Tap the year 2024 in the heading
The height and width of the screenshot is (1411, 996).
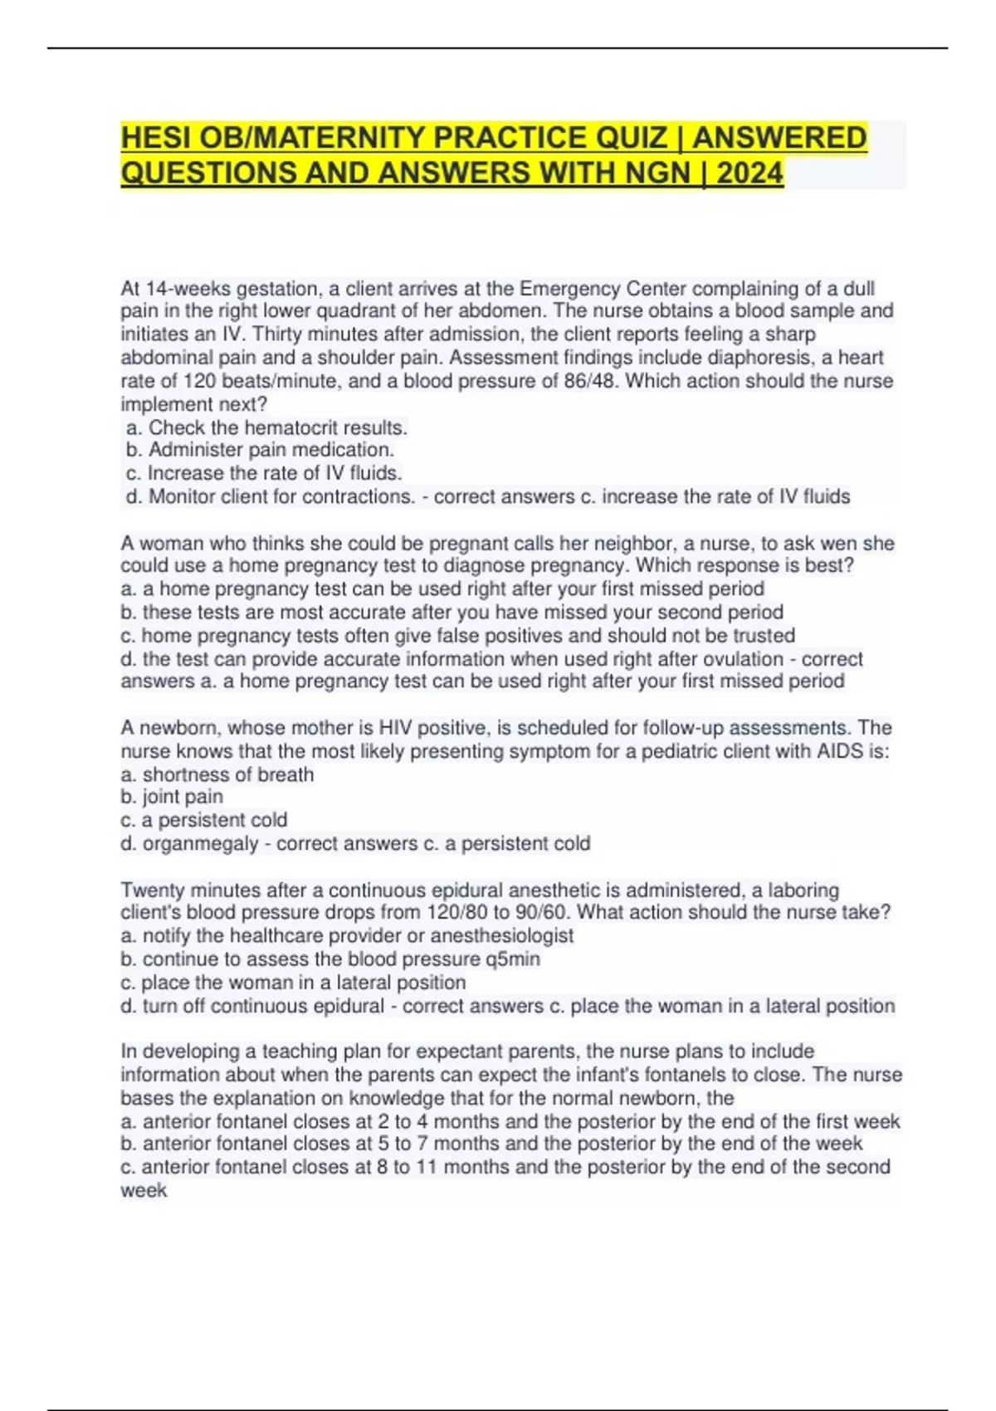point(749,173)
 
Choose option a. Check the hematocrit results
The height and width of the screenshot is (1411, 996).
point(266,428)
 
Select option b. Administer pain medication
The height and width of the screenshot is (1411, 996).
point(260,450)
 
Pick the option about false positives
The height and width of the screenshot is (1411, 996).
point(457,636)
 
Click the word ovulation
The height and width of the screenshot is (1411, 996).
point(740,659)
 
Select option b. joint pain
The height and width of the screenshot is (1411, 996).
point(172,797)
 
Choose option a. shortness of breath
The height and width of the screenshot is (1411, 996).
point(217,774)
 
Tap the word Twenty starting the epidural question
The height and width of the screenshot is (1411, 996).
point(152,891)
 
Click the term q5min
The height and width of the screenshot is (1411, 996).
point(513,959)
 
